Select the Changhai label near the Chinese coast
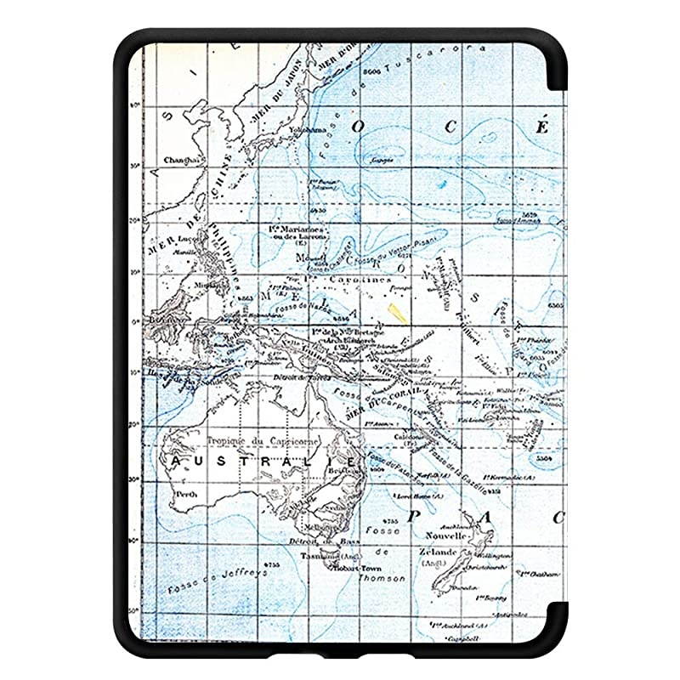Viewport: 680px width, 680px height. point(180,159)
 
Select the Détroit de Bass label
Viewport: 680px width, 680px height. point(334,541)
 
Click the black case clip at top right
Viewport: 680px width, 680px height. point(557,64)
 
